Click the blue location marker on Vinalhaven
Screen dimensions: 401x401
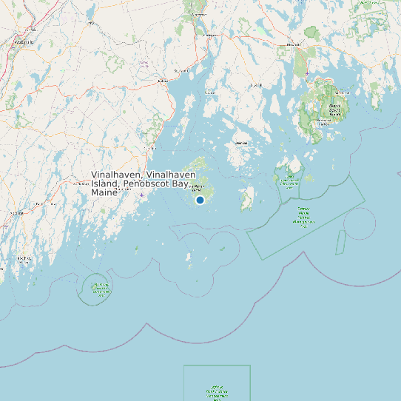click(x=200, y=200)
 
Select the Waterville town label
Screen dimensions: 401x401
click(x=24, y=42)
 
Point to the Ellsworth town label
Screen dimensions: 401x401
click(x=294, y=45)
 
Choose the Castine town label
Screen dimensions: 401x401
click(x=210, y=92)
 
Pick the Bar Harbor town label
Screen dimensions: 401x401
click(x=341, y=92)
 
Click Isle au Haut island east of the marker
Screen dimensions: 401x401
click(x=247, y=198)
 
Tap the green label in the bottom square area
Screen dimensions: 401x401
click(x=217, y=392)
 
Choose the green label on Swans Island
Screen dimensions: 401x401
click(x=289, y=178)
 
